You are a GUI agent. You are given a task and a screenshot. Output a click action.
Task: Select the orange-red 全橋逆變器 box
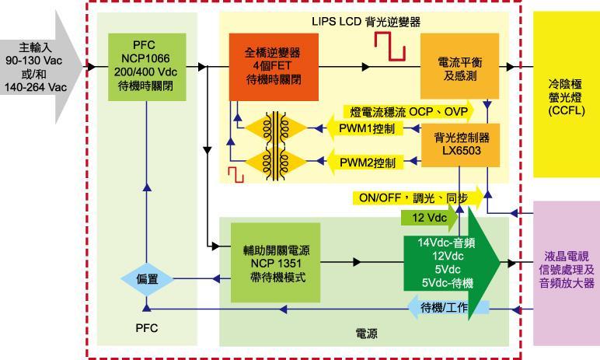point(265,68)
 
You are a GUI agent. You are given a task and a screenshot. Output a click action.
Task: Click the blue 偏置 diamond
point(146,280)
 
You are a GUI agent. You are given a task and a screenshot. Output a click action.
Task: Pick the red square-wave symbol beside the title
point(389,50)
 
